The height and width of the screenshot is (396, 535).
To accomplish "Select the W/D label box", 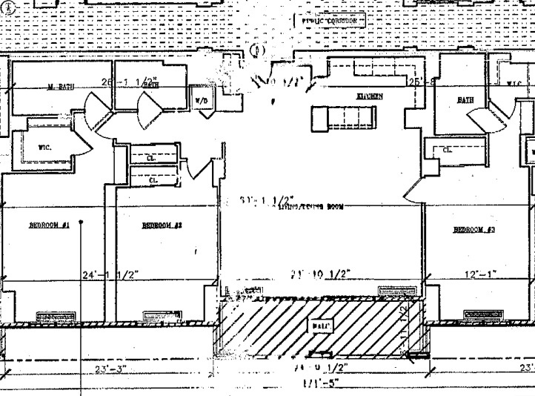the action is (202, 99).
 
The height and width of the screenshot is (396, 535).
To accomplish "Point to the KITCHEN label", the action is (370, 97).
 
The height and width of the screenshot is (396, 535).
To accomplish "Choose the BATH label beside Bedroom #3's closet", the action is (465, 99).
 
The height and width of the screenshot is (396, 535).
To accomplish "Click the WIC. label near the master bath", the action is (44, 148).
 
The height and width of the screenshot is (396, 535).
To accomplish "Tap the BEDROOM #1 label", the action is (49, 225).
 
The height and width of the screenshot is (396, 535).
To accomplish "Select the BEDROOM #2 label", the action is (162, 225).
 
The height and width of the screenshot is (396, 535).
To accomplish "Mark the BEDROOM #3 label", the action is (474, 230).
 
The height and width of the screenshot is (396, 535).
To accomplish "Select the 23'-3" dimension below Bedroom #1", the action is (112, 367).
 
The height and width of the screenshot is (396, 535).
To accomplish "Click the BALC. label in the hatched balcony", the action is (323, 326).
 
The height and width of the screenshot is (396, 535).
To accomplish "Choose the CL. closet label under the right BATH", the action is (447, 150).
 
